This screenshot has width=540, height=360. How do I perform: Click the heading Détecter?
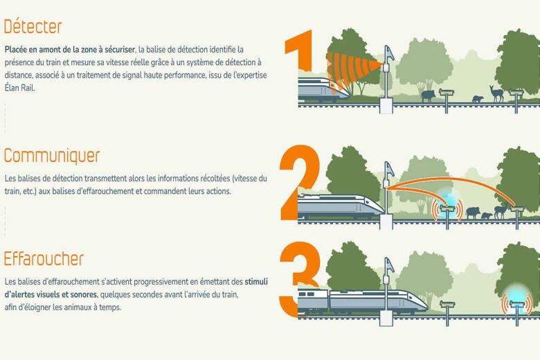[x=33, y=27]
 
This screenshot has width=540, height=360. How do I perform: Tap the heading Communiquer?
[x=52, y=156]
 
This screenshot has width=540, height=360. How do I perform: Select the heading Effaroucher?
[x=44, y=259]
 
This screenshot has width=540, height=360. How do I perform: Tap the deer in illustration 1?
[x=496, y=94]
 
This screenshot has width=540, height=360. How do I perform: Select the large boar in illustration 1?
[x=428, y=96]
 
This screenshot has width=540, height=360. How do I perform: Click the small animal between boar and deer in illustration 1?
[x=477, y=99]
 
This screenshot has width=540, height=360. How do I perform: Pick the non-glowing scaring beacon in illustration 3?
[x=447, y=304]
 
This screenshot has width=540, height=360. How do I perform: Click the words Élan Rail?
[x=19, y=88]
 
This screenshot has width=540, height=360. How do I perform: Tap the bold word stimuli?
[x=256, y=282]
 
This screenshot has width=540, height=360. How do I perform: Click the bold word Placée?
[x=15, y=50]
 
